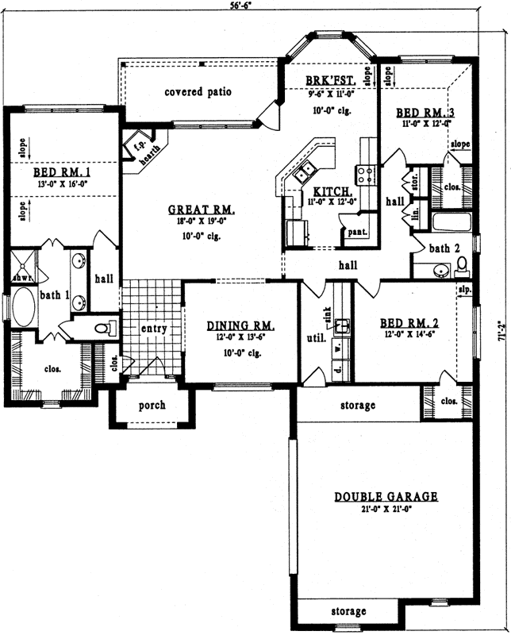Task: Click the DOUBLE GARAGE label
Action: [386, 496]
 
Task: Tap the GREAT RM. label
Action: [202, 210]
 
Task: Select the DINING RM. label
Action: [240, 325]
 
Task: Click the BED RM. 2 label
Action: [409, 323]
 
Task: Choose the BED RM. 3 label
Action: [427, 112]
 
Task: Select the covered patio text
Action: [198, 92]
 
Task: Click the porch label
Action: [152, 405]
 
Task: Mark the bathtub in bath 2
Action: [450, 219]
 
